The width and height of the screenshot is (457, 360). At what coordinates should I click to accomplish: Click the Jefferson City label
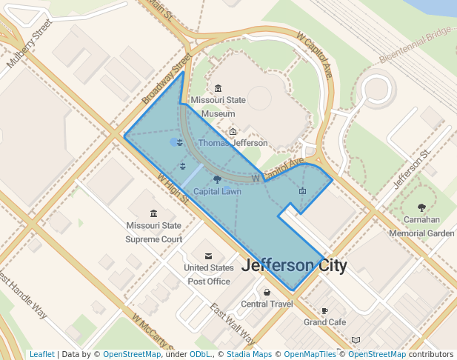[294, 265]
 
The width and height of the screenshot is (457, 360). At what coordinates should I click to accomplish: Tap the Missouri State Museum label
[218, 107]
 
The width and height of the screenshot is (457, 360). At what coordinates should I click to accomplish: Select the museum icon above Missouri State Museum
[218, 88]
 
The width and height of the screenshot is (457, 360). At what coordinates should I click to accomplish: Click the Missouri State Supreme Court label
[153, 233]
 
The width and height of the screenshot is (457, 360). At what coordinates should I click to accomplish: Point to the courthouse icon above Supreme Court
[153, 213]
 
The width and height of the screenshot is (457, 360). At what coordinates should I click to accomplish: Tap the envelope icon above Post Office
[208, 256]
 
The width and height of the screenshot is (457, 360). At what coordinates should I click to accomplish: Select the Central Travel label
[267, 304]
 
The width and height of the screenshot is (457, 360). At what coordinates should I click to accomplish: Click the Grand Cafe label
[324, 322]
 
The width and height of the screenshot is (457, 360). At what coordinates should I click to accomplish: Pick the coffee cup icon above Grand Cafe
[324, 310]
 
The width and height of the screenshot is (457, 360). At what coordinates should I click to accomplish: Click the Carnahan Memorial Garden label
[421, 226]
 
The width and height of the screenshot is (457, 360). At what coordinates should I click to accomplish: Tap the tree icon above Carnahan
[421, 208]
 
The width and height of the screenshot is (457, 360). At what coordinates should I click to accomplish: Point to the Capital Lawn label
[217, 191]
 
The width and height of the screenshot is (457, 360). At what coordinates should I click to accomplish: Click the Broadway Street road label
[162, 87]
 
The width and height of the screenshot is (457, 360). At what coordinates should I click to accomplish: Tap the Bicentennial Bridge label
[415, 46]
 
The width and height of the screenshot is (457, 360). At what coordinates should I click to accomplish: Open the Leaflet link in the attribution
[41, 354]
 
